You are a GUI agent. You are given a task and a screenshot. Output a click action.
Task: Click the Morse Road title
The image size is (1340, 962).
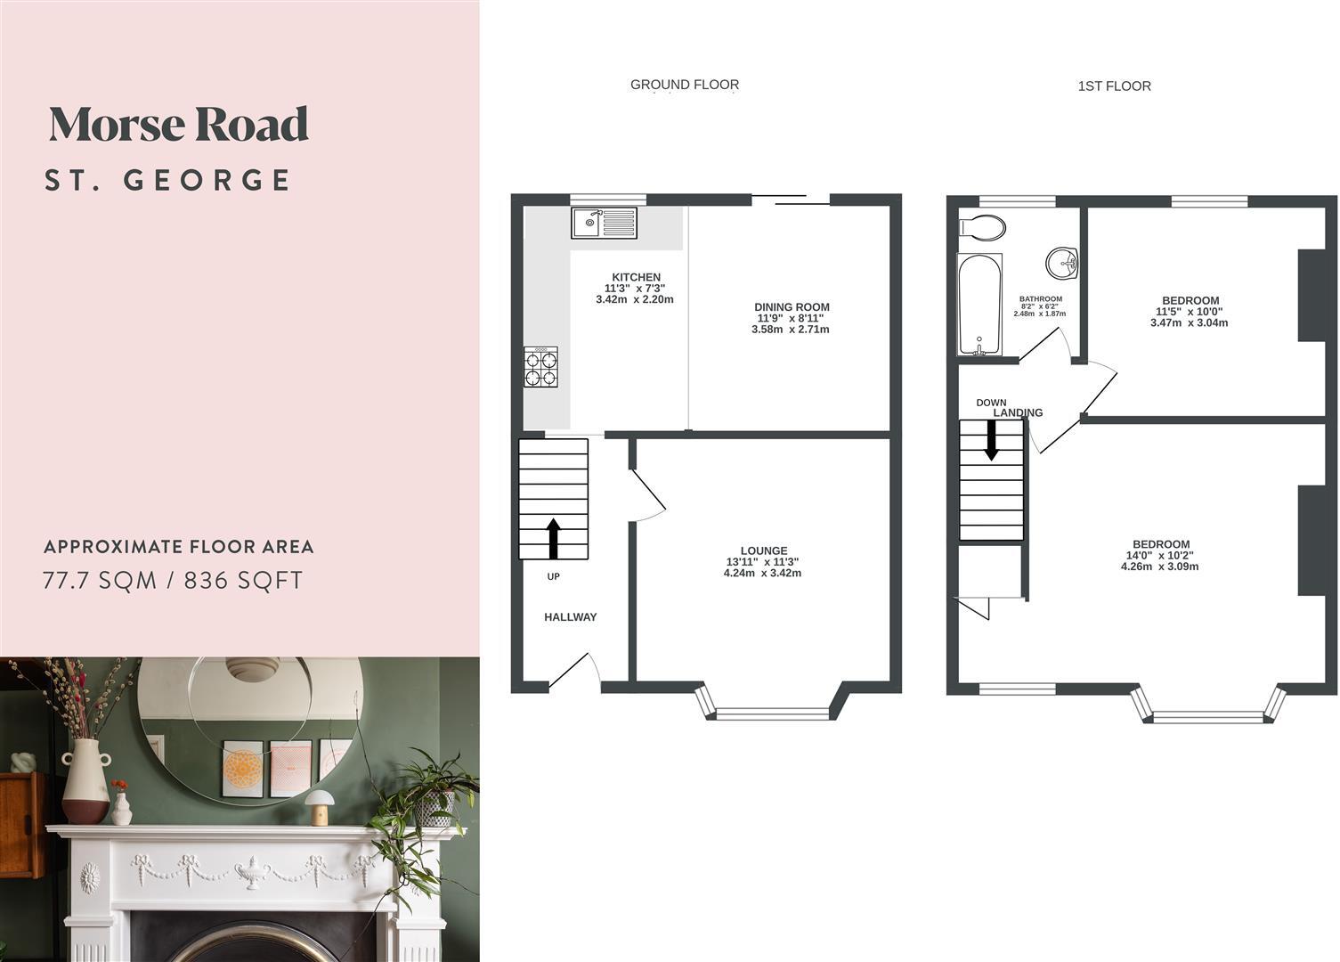(x=178, y=125)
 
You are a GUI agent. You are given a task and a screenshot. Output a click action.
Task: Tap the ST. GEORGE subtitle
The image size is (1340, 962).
(x=168, y=180)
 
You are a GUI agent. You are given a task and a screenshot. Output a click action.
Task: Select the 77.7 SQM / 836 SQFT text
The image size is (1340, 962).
(x=174, y=581)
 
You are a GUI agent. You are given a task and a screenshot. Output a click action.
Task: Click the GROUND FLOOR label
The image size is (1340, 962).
(x=684, y=85)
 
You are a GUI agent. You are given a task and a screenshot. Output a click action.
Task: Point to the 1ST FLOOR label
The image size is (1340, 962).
(x=1114, y=86)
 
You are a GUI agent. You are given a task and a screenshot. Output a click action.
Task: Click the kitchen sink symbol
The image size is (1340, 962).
(x=605, y=223)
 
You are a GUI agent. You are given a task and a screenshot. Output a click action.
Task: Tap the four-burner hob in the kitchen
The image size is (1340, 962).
(x=541, y=367)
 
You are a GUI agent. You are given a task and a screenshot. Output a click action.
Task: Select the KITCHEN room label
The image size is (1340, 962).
(x=636, y=277)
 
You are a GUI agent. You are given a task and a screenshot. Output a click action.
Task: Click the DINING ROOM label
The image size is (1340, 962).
(x=792, y=307)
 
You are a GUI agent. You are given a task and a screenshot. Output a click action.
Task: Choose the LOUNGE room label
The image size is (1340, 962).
(x=763, y=550)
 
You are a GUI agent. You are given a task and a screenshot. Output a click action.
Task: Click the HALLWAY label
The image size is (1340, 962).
(x=570, y=617)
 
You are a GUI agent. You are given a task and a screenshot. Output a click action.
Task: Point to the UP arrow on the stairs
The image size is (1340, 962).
(x=553, y=538)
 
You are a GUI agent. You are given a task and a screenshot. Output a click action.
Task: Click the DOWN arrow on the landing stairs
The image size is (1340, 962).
(x=991, y=440)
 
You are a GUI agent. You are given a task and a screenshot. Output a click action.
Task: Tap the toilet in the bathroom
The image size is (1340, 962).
(x=982, y=227)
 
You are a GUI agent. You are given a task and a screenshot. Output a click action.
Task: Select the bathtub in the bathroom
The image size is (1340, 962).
(x=979, y=304)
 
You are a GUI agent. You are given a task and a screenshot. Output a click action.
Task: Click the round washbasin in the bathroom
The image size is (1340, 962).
(x=1061, y=262)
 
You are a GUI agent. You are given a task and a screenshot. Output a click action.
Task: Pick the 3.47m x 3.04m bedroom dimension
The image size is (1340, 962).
(x=1189, y=322)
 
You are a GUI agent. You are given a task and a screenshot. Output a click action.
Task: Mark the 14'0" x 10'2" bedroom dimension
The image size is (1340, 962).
(x=1161, y=555)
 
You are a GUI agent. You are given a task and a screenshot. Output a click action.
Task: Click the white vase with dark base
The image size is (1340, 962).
(x=85, y=781)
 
